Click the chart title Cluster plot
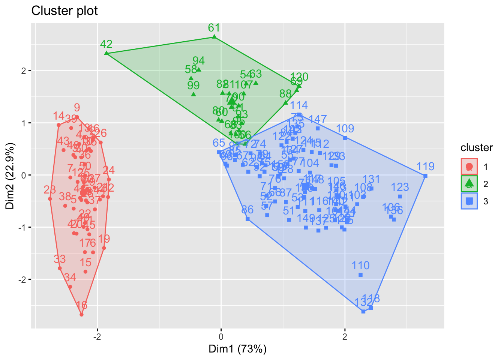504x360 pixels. tap(64, 11)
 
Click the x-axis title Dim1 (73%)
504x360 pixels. tap(237, 349)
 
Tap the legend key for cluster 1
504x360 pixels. tap(469, 166)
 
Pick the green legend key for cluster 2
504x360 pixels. tap(469, 184)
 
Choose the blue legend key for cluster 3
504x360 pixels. tap(469, 201)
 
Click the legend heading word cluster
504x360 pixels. tap(477, 148)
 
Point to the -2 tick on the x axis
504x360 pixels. tap(97, 336)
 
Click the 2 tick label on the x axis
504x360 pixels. tap(345, 336)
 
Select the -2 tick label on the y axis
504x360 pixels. tap(22, 280)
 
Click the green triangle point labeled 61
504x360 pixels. tap(214, 37)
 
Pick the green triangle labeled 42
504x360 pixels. tap(106, 53)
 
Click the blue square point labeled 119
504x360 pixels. tap(425, 176)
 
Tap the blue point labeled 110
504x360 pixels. tap(360, 275)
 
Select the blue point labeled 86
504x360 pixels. tap(247, 219)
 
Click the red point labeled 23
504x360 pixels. tap(50, 199)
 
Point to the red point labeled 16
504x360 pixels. tap(81, 315)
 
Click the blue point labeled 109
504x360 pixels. tap(345, 138)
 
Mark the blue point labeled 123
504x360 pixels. tap(400, 196)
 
